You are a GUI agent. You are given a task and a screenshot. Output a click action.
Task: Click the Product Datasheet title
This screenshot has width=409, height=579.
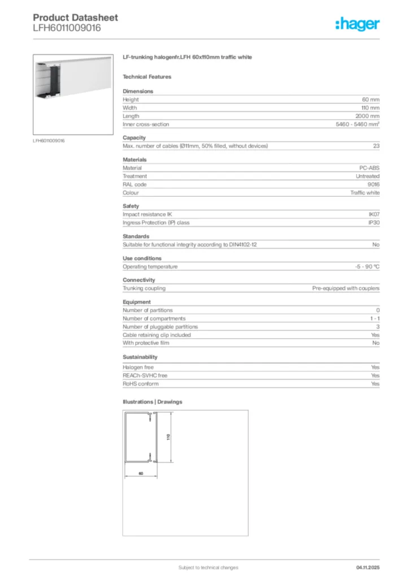click(x=75, y=18)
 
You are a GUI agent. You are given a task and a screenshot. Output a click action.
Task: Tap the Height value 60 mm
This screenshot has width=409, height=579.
click(x=371, y=100)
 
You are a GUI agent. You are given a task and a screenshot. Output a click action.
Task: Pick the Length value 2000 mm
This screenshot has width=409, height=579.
click(x=367, y=116)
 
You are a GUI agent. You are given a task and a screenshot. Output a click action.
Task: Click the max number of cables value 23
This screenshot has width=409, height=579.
click(x=376, y=146)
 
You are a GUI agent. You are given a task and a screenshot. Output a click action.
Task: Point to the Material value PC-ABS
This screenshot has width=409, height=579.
click(x=369, y=168)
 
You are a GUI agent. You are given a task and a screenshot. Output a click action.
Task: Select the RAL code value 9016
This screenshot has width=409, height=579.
click(x=373, y=184)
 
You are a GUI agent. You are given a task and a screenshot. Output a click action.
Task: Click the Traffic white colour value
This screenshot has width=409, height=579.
click(x=365, y=193)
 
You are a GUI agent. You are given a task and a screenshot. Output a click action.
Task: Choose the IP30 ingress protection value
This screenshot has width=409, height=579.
click(x=374, y=223)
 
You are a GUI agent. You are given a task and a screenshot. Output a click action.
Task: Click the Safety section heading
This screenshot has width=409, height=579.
click(x=130, y=206)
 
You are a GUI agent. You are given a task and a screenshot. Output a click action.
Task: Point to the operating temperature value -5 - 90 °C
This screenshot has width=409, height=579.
click(x=363, y=266)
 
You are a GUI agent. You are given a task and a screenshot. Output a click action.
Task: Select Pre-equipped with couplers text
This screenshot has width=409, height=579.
click(x=346, y=288)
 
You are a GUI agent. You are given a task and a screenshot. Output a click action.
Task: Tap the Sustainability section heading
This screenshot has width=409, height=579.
click(x=140, y=357)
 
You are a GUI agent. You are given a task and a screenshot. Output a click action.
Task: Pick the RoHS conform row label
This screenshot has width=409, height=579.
click(x=141, y=384)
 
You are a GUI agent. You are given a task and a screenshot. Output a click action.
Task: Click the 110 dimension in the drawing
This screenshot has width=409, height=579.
click(x=168, y=437)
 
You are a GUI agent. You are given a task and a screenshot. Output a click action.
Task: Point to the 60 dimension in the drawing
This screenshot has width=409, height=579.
click(x=140, y=473)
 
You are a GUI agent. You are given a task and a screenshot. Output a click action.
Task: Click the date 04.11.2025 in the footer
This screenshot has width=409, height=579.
click(x=368, y=567)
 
